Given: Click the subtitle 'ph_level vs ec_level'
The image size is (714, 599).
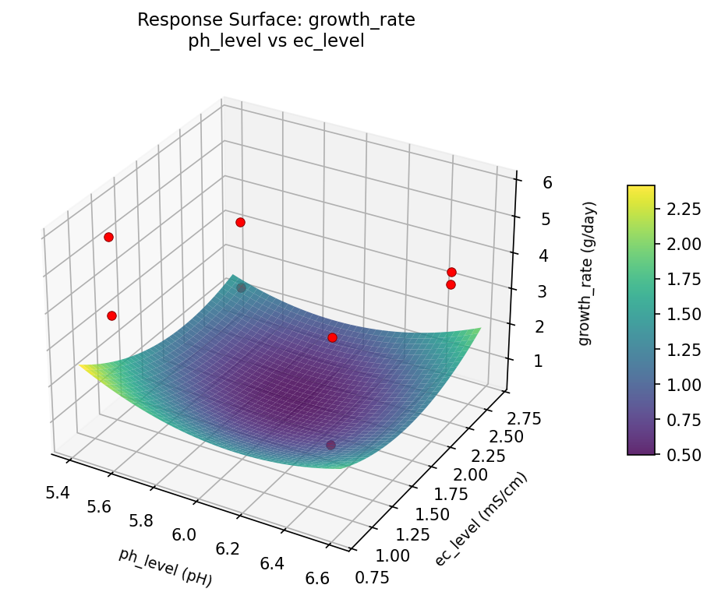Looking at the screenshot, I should pos(276,42).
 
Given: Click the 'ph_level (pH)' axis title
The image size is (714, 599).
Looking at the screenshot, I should pos(165,567).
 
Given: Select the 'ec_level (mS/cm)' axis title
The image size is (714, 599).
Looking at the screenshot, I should pos(481,520).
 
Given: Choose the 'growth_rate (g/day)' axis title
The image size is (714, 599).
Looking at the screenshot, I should pos(590,273).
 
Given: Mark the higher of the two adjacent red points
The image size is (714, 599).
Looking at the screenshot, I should pos(451,272).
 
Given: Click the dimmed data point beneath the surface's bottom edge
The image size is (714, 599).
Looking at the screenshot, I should pos(330,445).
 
